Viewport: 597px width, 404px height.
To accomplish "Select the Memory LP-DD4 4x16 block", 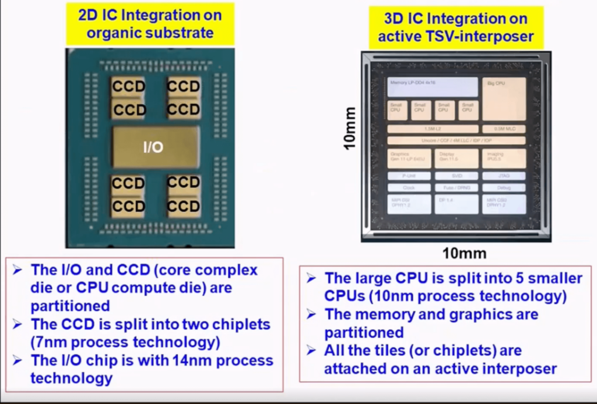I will [x=432, y=87].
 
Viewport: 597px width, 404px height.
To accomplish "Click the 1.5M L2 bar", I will [x=432, y=129].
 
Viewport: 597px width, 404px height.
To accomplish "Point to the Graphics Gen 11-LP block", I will [x=409, y=158].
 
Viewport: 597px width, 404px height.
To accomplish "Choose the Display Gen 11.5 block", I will [x=456, y=158].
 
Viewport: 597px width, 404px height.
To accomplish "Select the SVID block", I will [x=456, y=176].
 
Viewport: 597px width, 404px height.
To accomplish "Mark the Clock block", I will [x=409, y=188].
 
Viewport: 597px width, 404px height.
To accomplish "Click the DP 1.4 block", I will [x=456, y=204].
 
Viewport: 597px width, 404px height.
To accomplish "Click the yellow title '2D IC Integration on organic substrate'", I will [x=150, y=23].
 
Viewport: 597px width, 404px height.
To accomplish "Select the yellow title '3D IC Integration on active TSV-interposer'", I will [x=455, y=27].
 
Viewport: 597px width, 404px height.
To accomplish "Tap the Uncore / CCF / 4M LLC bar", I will [x=456, y=140].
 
